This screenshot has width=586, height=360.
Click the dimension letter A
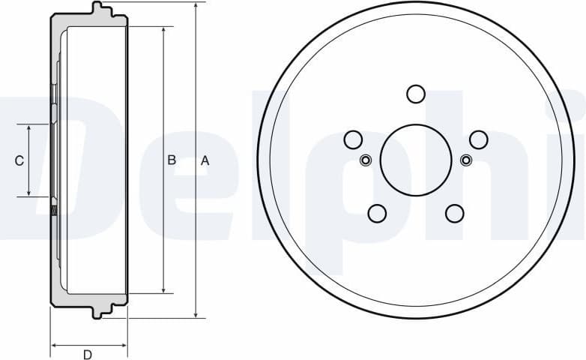tap(205, 160)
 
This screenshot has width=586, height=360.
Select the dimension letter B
tap(172, 160)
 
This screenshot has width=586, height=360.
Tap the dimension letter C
tap(19, 160)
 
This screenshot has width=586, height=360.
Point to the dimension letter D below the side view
tap(87, 355)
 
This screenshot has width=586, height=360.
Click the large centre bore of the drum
tap(416, 160)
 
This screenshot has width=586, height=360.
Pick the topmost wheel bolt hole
tap(416, 94)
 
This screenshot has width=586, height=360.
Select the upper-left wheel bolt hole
tap(353, 139)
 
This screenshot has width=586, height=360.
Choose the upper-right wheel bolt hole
tap(479, 139)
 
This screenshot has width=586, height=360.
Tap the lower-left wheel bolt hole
tap(377, 214)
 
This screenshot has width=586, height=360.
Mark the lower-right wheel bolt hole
tap(455, 214)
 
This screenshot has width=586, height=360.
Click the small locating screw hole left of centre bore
tap(366, 160)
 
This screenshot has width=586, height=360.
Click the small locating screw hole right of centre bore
tap(466, 160)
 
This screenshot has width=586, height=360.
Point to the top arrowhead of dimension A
tap(196, 6)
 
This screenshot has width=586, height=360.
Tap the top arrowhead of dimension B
tap(163, 31)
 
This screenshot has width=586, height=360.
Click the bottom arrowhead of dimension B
tap(163, 289)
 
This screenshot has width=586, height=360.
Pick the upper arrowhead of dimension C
tap(29, 129)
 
